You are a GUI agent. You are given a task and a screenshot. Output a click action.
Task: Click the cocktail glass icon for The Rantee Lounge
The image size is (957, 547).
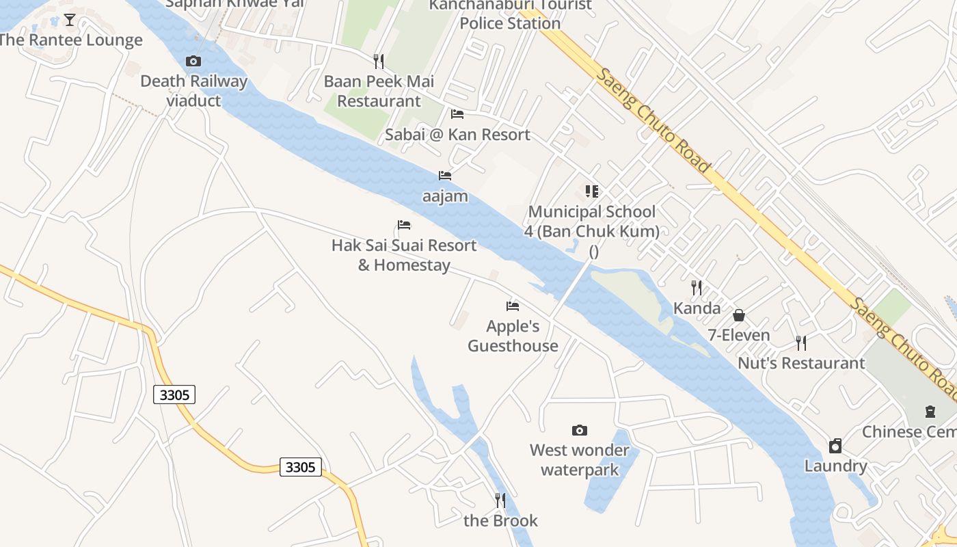point(70,20)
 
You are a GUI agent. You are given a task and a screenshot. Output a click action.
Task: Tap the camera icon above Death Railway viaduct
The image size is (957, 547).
point(193,62)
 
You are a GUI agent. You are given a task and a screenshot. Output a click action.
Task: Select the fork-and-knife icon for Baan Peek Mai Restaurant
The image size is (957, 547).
point(379,62)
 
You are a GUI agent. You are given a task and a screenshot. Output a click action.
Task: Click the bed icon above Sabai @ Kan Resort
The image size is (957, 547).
point(457,114)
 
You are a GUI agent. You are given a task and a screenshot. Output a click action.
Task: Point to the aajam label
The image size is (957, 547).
point(445,196)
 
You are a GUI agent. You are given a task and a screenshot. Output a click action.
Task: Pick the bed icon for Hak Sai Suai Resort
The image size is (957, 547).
point(404,225)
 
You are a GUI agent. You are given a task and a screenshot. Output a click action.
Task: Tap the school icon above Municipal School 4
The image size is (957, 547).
point(592,191)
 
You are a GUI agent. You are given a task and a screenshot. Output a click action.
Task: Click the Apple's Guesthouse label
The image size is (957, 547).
point(513,336)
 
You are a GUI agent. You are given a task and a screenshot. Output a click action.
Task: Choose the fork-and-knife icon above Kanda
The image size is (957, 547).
point(697,288)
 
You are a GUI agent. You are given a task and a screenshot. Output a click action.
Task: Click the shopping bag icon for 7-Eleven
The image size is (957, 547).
point(739,315)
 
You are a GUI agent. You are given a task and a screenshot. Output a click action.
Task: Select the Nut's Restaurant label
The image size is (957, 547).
point(801,363)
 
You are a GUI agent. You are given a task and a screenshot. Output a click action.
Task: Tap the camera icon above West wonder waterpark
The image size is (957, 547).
point(580,430)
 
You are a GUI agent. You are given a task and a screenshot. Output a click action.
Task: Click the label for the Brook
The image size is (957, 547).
point(500,520)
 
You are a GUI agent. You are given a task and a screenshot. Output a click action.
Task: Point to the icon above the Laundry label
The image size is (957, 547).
point(835,446)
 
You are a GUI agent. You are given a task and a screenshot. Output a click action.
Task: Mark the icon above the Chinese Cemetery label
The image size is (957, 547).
point(930,412)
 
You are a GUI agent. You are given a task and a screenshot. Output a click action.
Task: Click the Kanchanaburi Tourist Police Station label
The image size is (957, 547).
point(510,14)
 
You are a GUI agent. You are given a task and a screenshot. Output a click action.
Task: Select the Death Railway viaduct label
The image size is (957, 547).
point(193,91)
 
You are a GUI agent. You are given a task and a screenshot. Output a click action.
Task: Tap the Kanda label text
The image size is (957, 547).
point(697,308)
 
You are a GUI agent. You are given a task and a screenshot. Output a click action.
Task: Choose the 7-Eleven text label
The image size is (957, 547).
point(739,335)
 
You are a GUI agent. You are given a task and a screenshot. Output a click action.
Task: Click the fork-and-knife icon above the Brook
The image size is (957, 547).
point(500,501)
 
